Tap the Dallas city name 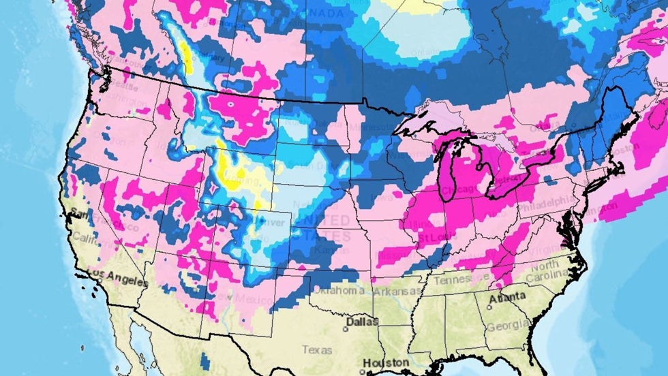click(x=361, y=321)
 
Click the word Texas click(x=318, y=350)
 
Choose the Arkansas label click(x=397, y=292)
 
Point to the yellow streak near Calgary click(x=185, y=58)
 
